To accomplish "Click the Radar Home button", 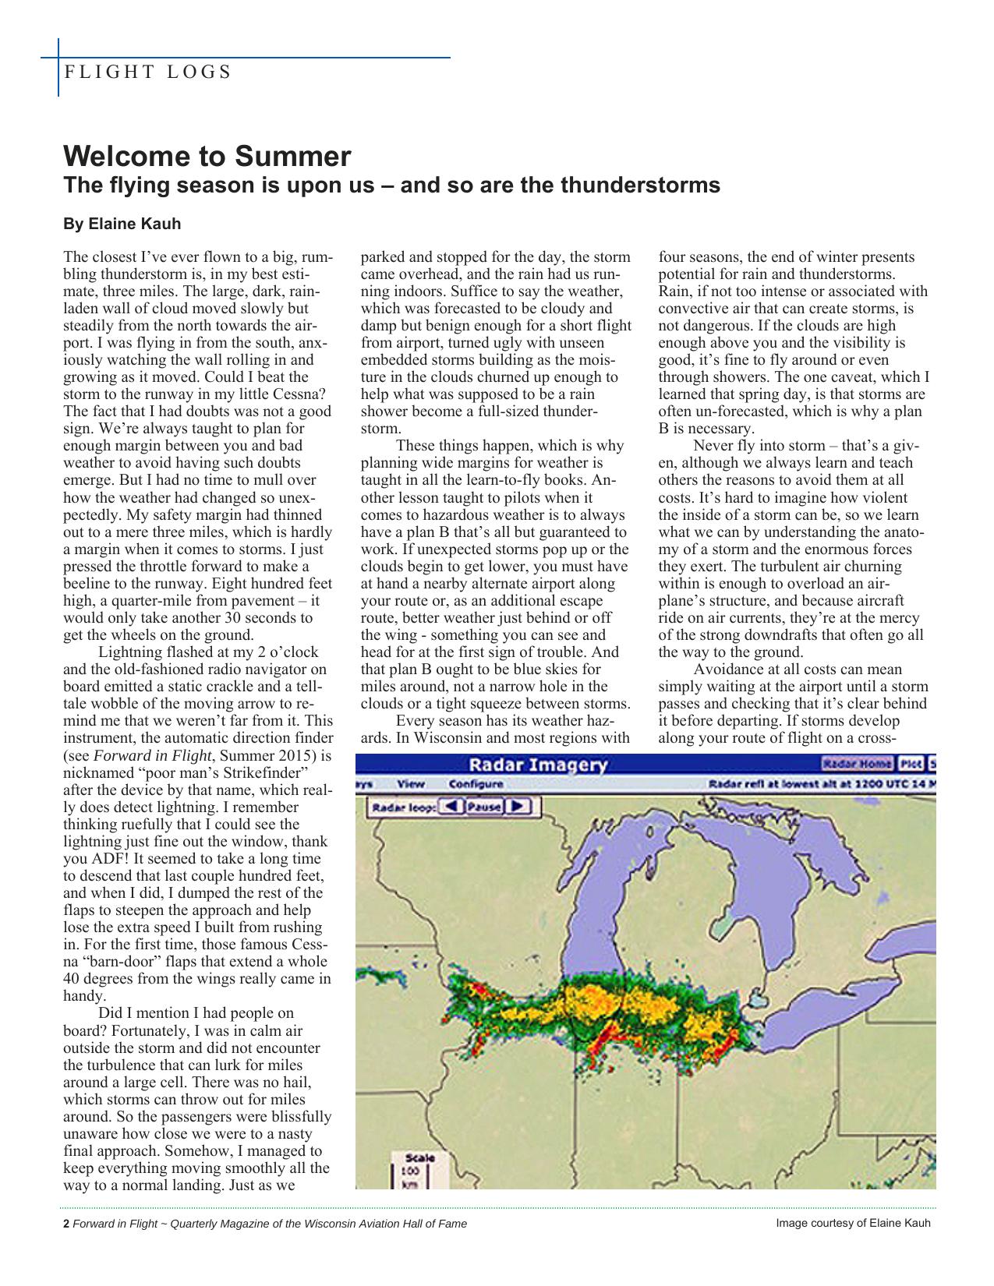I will (858, 764).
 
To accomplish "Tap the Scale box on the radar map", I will (414, 1169).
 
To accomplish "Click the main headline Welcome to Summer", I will (207, 157).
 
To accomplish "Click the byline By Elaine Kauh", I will (122, 224).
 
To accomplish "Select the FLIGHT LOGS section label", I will (147, 72).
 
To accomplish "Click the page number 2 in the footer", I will (66, 1224).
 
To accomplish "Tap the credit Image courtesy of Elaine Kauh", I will (853, 1223).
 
